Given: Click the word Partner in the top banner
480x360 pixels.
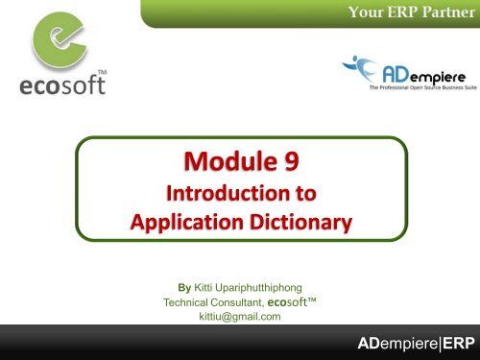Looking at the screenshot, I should pos(443,12).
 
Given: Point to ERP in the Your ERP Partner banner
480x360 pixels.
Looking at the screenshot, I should pos(400,12).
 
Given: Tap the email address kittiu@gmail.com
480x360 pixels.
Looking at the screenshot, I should pos(239,317).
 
